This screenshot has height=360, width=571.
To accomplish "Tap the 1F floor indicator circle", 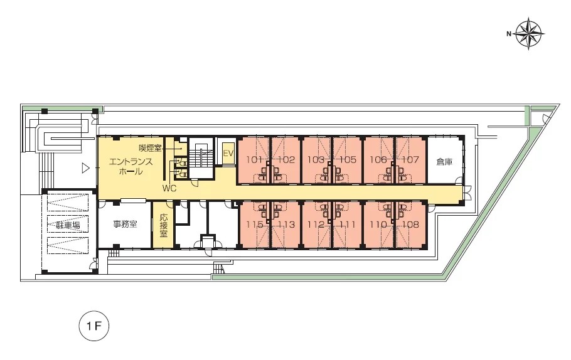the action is pyautogui.click(x=94, y=326).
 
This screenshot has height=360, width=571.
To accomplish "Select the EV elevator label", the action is pyautogui.click(x=228, y=153).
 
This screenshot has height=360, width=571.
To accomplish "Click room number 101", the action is pyautogui.click(x=255, y=160).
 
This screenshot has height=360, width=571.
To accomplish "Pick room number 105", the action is pyautogui.click(x=348, y=160).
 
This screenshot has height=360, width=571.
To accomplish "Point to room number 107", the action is pyautogui.click(x=410, y=160).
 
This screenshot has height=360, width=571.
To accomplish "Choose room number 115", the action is pyautogui.click(x=255, y=225).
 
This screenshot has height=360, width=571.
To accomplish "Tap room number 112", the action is pyautogui.click(x=316, y=225).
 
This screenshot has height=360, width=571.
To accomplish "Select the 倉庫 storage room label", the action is pyautogui.click(x=444, y=162).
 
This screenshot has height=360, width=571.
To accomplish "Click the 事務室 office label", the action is pyautogui.click(x=125, y=224).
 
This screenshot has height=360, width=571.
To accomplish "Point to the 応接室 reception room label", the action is pyautogui.click(x=164, y=225).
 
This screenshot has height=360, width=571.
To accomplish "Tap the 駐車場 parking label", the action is pyautogui.click(x=68, y=225).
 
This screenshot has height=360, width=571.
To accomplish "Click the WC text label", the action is pyautogui.click(x=169, y=189).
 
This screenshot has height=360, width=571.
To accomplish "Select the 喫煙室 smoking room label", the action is pyautogui.click(x=150, y=149).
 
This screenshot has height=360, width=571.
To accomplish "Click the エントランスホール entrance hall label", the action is pyautogui.click(x=131, y=167).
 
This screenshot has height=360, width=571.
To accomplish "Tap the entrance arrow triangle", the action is pyautogui.click(x=85, y=168).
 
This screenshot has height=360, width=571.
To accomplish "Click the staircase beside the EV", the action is pyautogui.click(x=201, y=158).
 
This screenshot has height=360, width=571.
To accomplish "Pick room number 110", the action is pyautogui.click(x=378, y=225).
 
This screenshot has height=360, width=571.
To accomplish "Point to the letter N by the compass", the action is pyautogui.click(x=509, y=34).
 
